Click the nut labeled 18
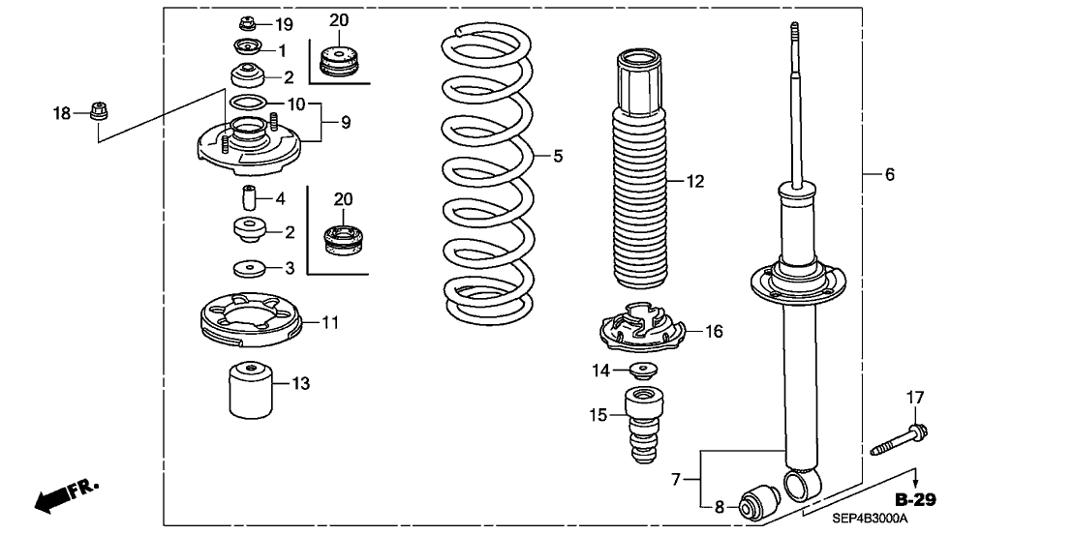[97, 112]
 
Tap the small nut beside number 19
[246, 23]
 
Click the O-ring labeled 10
[249, 104]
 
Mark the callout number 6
[890, 174]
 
